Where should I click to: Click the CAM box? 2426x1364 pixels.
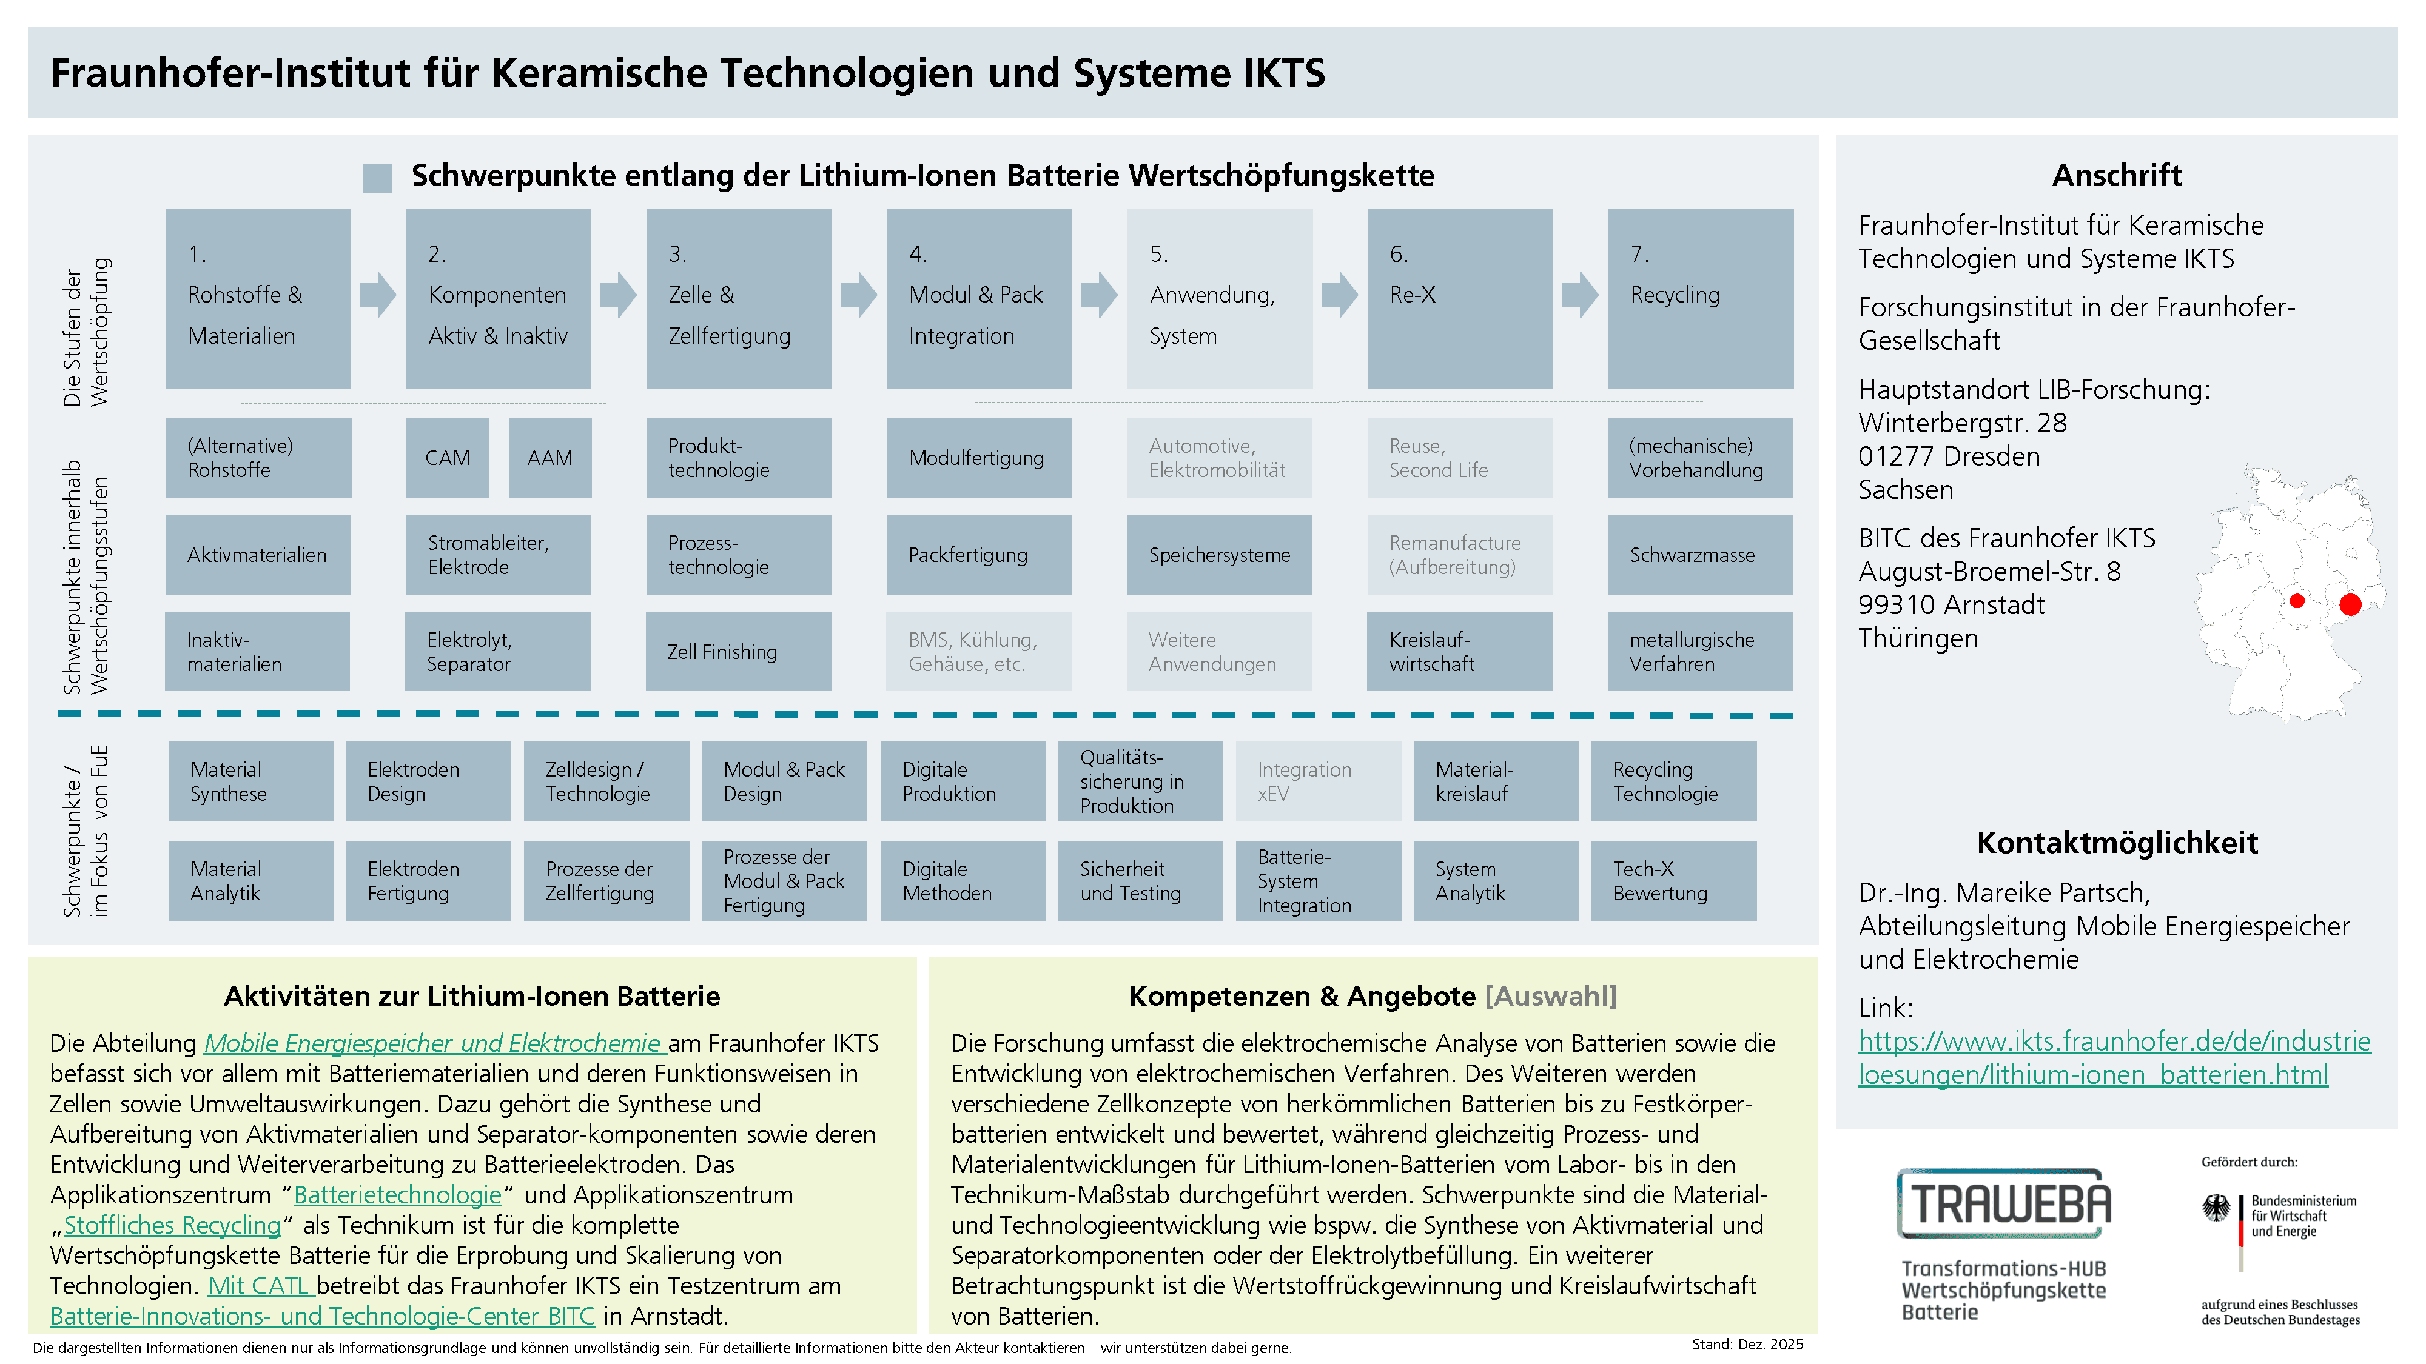tap(448, 458)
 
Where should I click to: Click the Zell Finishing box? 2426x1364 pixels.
tap(738, 652)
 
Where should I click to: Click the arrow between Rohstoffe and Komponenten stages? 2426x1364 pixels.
tap(378, 295)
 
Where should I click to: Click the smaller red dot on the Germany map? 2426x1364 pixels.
tap(2297, 601)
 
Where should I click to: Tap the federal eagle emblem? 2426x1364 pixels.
tap(2216, 1209)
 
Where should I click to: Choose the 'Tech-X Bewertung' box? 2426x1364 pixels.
tap(1673, 881)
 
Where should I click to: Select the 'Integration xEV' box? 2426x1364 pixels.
tap(1317, 781)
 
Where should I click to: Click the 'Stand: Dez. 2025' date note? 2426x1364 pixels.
tap(1747, 1344)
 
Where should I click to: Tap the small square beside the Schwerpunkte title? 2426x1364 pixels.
tap(378, 178)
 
